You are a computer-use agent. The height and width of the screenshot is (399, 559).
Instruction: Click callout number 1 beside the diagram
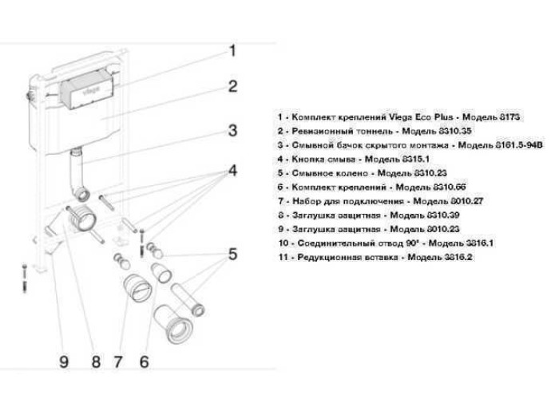click(x=232, y=51)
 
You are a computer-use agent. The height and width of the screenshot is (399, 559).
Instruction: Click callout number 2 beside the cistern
click(x=232, y=86)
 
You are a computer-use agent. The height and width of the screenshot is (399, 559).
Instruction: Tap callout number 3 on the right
click(x=232, y=130)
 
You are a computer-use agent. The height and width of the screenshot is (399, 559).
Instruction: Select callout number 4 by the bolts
click(x=232, y=171)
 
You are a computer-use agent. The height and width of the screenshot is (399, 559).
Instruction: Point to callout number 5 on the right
click(x=232, y=255)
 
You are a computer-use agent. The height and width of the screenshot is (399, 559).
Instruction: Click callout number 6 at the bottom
click(x=144, y=362)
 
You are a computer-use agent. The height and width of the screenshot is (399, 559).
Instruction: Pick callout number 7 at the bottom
click(x=119, y=362)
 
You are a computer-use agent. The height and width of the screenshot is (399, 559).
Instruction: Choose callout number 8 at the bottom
click(x=94, y=362)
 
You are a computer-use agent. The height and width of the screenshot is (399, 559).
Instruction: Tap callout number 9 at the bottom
click(x=65, y=362)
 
